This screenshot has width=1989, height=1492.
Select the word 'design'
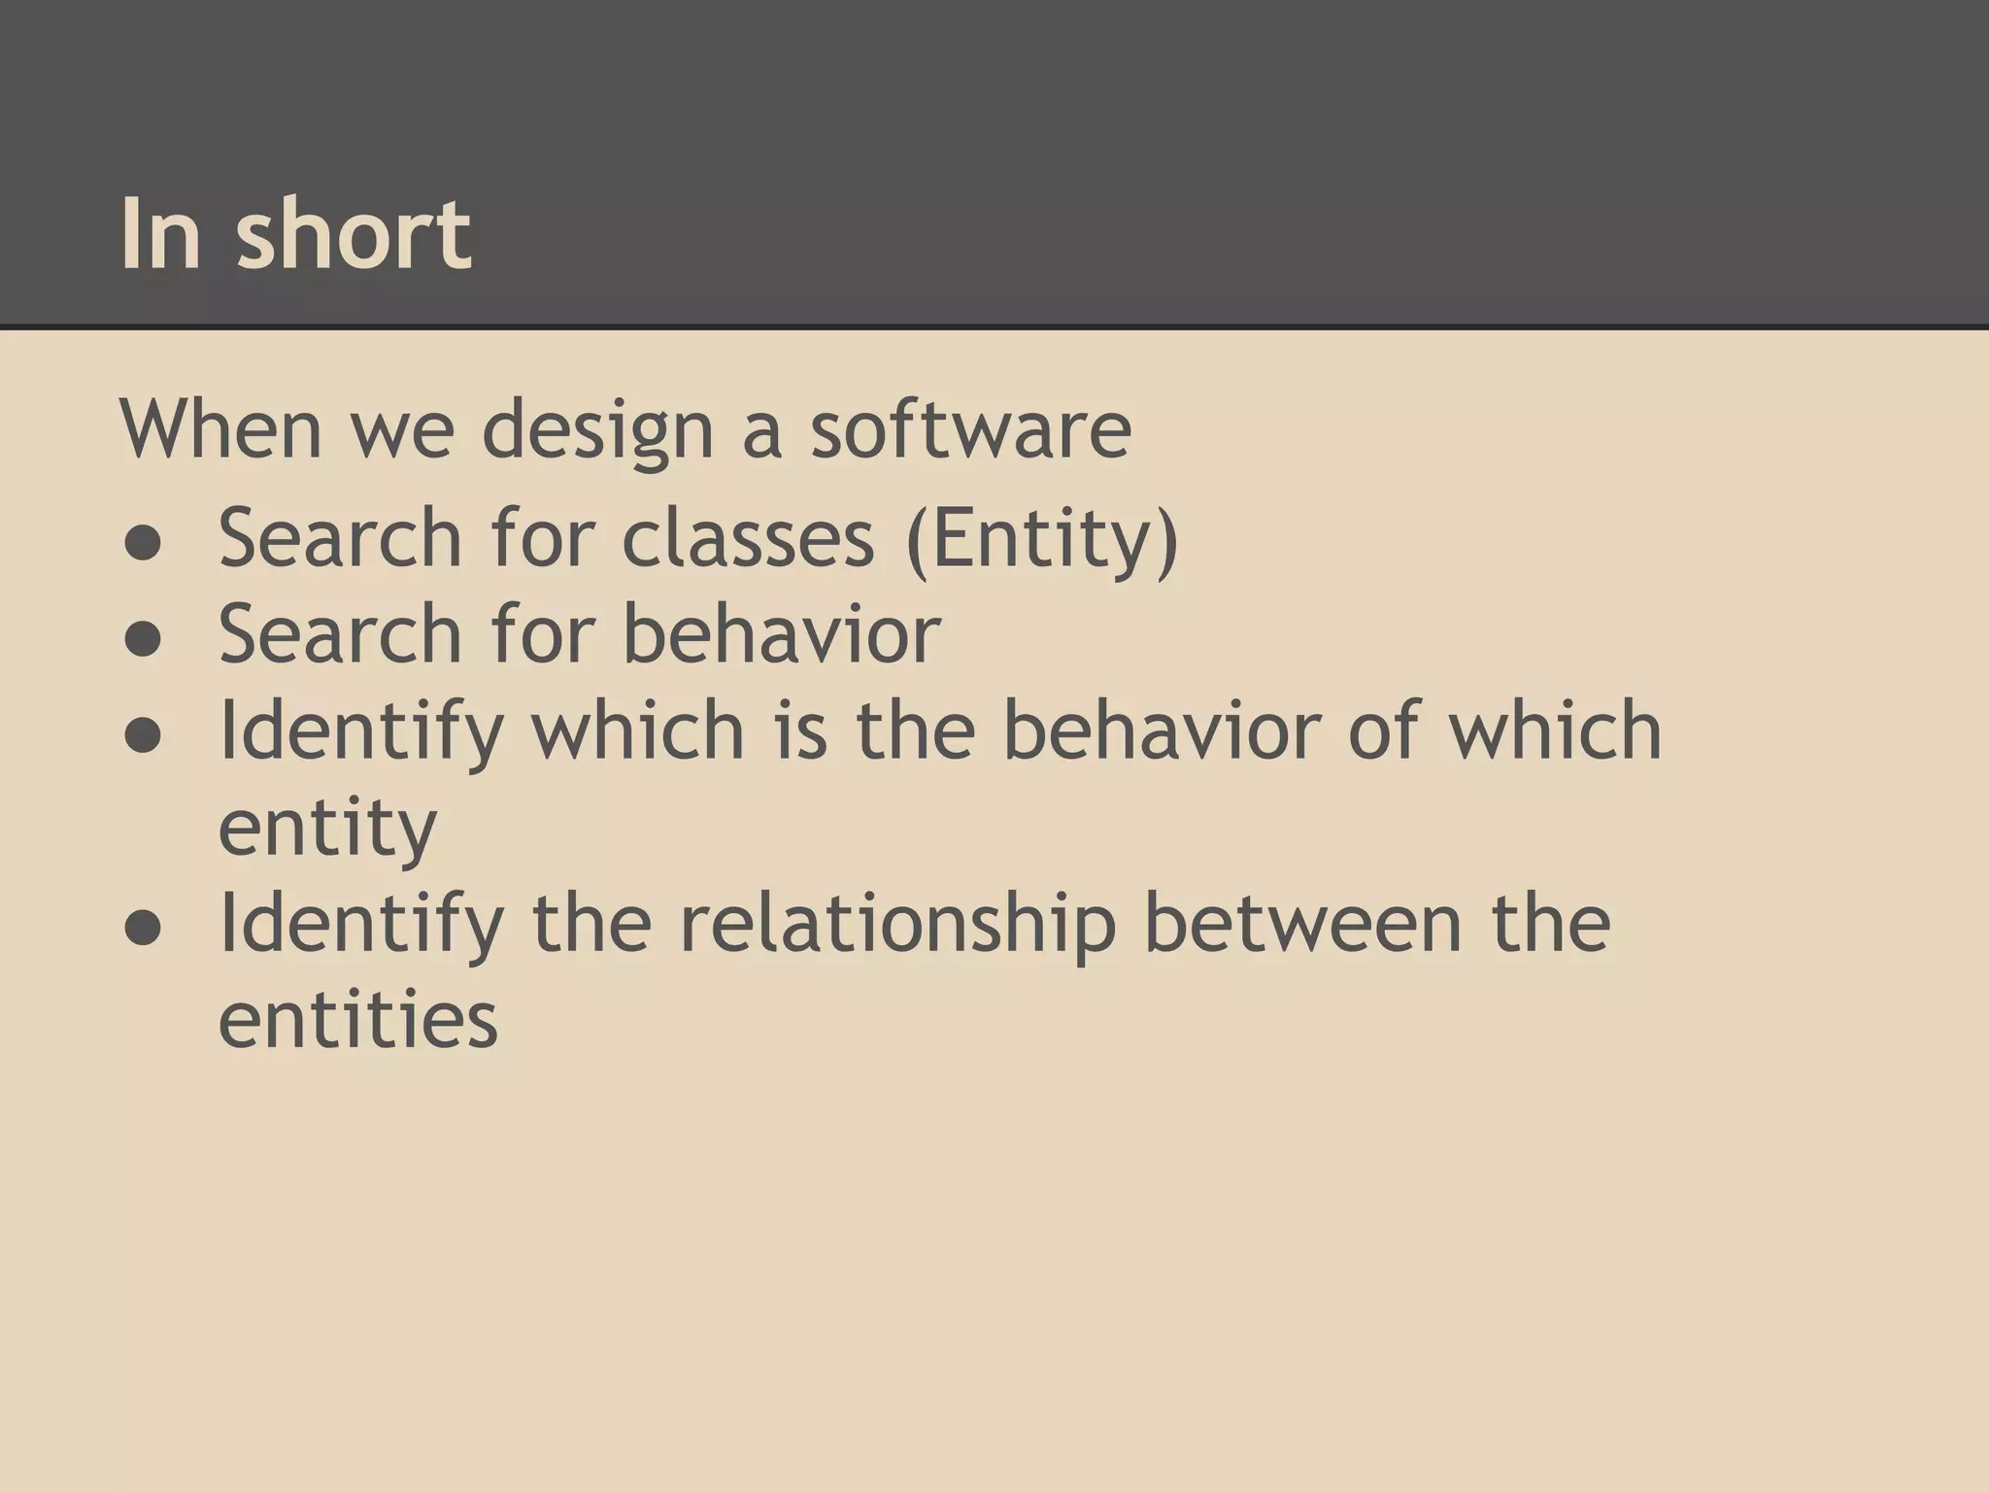click(x=598, y=431)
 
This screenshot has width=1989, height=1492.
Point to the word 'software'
click(x=970, y=429)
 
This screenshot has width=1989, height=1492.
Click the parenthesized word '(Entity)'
click(x=1041, y=540)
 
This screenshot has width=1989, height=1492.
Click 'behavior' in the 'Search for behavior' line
click(x=781, y=633)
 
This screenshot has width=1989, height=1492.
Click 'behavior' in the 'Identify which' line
click(x=1161, y=730)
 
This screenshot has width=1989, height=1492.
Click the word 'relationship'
click(x=897, y=925)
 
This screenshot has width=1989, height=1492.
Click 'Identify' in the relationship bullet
click(x=360, y=925)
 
